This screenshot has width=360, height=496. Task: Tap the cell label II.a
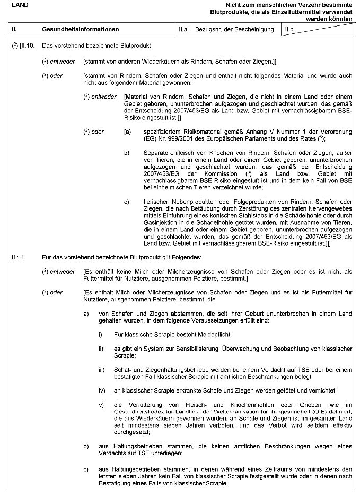(x=184, y=29)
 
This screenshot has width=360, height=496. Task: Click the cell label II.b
(x=289, y=29)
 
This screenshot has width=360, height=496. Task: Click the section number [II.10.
(x=27, y=46)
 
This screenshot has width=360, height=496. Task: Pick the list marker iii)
(x=102, y=369)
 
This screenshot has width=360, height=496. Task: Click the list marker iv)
(x=102, y=390)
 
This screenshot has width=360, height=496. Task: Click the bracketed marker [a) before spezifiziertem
(x=127, y=131)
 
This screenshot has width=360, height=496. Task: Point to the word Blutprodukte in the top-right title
(x=229, y=12)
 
